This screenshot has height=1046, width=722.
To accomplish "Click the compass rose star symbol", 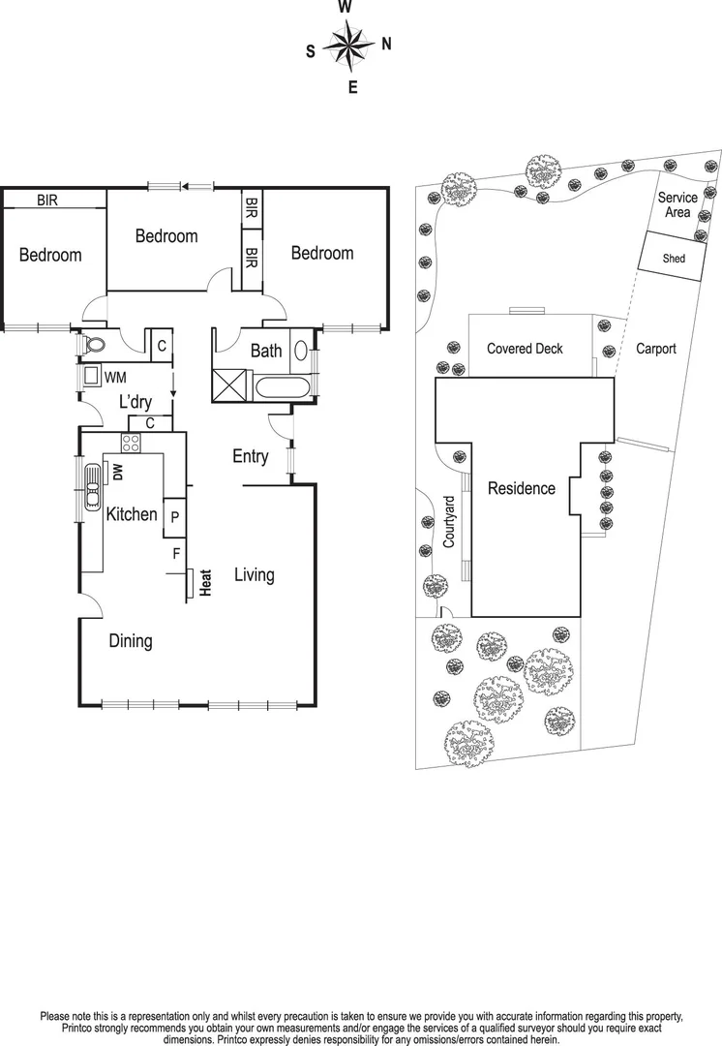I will click(346, 46).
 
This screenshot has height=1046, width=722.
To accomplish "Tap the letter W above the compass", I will click(345, 8).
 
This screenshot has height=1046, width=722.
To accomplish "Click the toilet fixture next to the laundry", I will click(95, 344).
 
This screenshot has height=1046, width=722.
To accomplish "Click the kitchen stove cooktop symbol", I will click(131, 444).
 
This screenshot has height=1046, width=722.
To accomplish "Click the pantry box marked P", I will click(174, 517).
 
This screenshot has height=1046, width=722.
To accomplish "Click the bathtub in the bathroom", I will click(282, 389).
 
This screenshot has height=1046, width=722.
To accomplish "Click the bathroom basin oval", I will click(301, 351).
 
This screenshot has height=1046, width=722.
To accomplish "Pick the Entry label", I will click(250, 456).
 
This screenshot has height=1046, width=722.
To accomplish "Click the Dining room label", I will click(130, 640).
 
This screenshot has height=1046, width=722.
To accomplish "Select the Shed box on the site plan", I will click(673, 259).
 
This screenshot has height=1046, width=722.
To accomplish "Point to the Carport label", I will click(655, 349).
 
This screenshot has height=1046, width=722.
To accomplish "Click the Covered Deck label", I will click(524, 349).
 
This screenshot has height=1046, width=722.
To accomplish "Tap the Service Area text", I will click(677, 204).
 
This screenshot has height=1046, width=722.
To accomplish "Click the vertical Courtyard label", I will click(449, 523).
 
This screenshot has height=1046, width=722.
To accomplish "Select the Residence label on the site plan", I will click(521, 488).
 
